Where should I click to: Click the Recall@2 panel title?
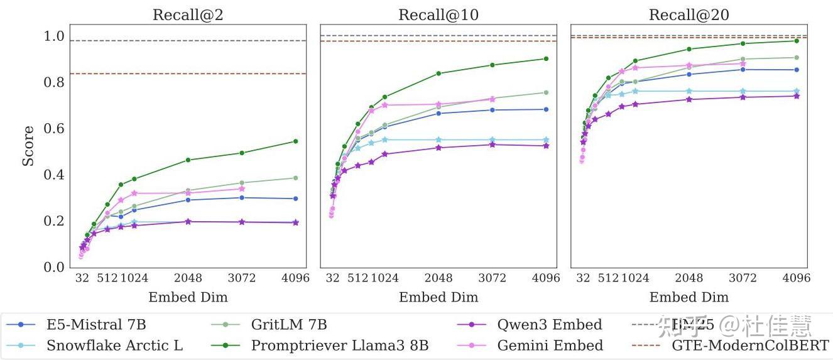[188, 15]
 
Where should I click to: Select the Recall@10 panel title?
[438, 15]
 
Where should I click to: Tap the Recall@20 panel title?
[689, 15]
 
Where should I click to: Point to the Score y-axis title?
[28, 146]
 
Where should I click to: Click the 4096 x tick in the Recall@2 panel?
[295, 278]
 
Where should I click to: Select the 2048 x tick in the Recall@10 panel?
[438, 278]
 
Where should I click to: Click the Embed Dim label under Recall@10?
[438, 297]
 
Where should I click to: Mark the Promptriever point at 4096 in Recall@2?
[295, 141]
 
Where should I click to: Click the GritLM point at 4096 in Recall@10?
[546, 92]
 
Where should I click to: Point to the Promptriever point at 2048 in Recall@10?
[438, 74]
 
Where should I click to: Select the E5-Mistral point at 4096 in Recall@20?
[797, 70]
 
